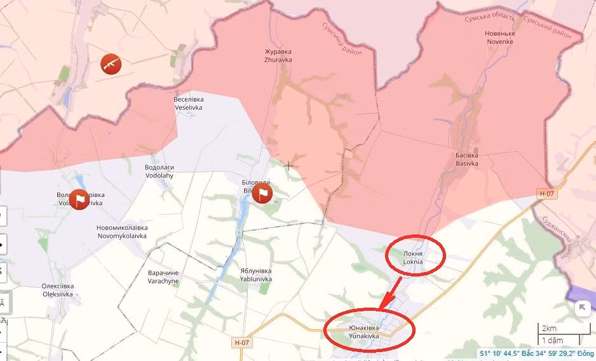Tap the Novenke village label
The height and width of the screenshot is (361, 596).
coord(499,37)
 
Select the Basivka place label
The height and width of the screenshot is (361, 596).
coord(466,159)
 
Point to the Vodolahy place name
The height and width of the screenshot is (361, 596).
coord(159,172)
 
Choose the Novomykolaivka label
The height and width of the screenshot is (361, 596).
coord(121,231)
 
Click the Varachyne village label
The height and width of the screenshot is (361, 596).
coord(163,276)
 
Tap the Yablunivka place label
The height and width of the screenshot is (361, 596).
coord(256,275)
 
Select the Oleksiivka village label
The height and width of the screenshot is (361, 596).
coord(57,290)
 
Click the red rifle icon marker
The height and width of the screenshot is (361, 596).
coord(111,63)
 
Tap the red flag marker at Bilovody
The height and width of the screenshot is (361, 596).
coord(262,193)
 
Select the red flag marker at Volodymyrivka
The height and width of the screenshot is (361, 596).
coord(79,199)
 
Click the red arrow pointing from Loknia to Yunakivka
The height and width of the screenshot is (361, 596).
coord(390,293)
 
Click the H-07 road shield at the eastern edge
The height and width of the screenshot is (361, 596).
coord(546,193)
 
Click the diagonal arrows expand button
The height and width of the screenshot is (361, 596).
coord(582,308)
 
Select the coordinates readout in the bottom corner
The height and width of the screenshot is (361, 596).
coord(536,353)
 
